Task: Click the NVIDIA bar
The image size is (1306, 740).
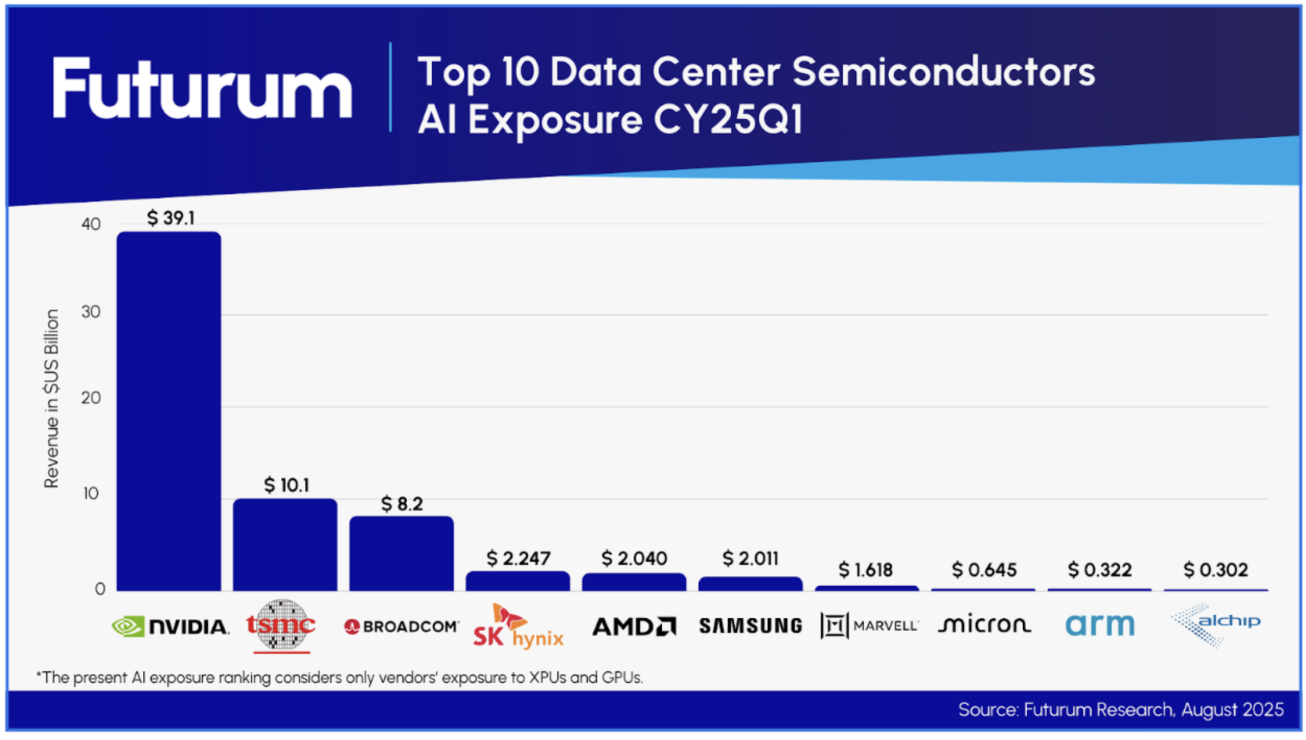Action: [x=169, y=411]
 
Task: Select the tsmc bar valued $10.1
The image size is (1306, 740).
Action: [x=285, y=545]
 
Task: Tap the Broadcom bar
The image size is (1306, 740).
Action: [x=402, y=554]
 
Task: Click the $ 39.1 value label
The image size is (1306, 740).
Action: [x=171, y=219]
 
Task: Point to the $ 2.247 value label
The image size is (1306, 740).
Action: [x=518, y=558]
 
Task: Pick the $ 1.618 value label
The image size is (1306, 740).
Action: [x=866, y=569]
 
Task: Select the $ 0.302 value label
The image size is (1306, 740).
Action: [x=1216, y=569]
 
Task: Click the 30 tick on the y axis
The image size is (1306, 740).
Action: [x=91, y=312]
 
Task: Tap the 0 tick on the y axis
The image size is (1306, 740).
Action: [x=100, y=589]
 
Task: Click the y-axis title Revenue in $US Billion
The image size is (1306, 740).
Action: [x=52, y=399]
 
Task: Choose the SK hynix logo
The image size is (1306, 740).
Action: [x=518, y=627]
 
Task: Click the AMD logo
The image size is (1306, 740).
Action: [x=634, y=626]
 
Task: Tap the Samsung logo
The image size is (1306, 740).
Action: [x=750, y=626]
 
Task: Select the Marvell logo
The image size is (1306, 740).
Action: [x=869, y=626]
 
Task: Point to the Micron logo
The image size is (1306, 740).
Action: [x=984, y=625]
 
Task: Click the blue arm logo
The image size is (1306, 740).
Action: [x=1100, y=625]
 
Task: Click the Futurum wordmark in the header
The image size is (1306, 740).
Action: [x=202, y=89]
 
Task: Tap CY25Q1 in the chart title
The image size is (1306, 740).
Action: [x=728, y=119]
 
